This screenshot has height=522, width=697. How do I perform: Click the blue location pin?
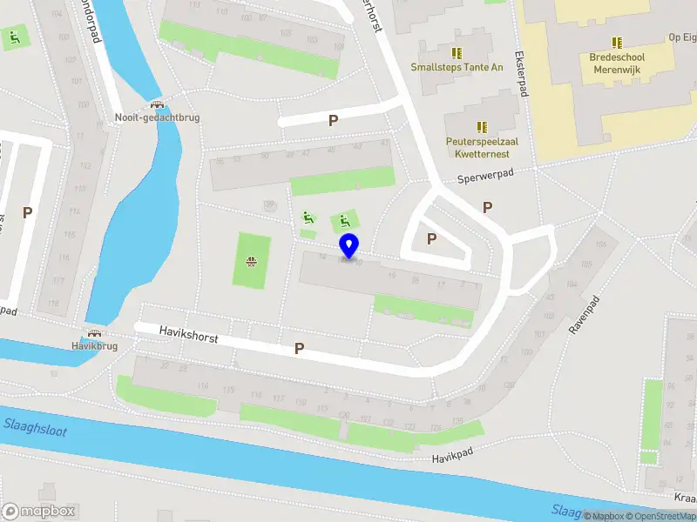point(349,245)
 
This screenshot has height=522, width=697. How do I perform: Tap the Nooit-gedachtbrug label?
point(158,117)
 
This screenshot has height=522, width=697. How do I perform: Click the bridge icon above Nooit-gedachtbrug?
point(158,103)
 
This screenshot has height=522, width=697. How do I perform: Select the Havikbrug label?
point(94,345)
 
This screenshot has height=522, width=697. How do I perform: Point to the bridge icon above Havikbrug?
point(94,332)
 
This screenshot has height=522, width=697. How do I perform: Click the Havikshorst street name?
point(187,332)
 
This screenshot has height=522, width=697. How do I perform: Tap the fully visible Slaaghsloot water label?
point(34,425)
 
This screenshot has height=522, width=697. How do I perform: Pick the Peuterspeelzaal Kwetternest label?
point(477,147)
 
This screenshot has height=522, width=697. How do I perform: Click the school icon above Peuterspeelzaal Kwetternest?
point(482,127)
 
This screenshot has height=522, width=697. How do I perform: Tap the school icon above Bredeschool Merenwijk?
point(617,42)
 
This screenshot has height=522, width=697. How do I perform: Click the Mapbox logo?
point(38,512)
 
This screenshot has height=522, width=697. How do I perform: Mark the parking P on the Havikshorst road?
point(299,348)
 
